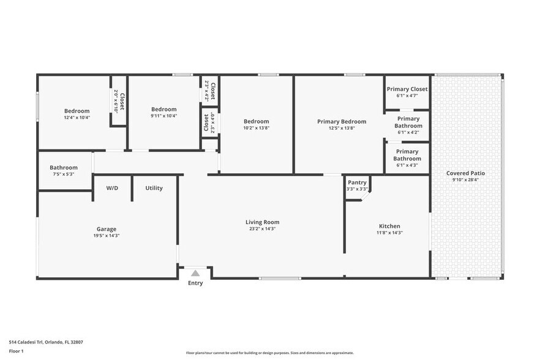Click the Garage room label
tap(107, 229)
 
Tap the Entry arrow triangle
tap(195, 273)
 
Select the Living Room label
tap(262, 222)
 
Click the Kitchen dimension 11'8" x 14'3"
tap(389, 233)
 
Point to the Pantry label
tap(357, 182)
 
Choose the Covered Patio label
tap(467, 173)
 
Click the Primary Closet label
tap(407, 89)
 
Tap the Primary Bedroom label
tap(342, 122)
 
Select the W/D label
tap(112, 188)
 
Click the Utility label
tap(154, 188)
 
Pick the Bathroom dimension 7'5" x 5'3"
tap(64, 174)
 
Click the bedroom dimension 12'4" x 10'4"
tap(77, 117)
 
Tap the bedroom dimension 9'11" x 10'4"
tap(163, 116)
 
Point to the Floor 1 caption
tap(17, 351)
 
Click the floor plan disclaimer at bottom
tap(269, 353)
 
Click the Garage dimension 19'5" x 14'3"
tap(107, 235)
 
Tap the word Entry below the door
tap(195, 283)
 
